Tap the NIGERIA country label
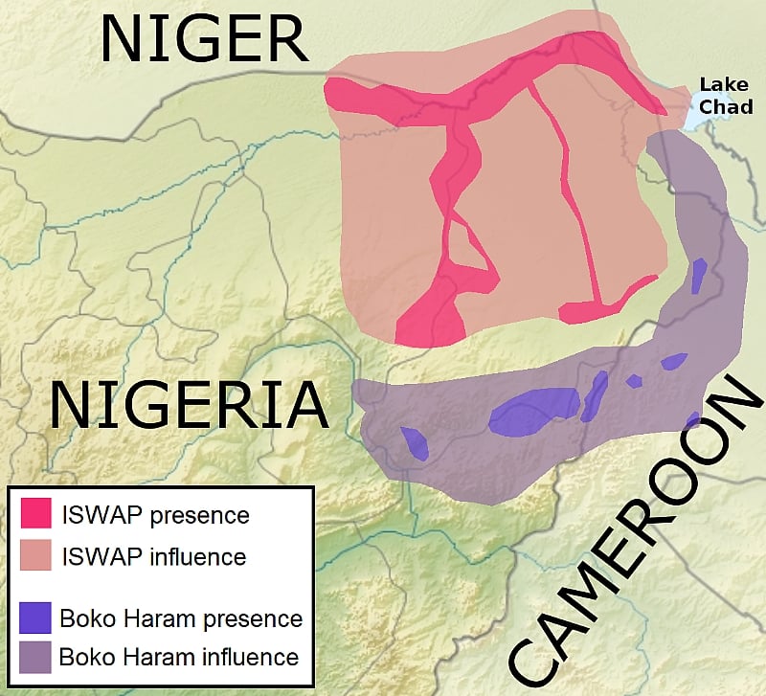coord(189,404)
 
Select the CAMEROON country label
coord(631,531)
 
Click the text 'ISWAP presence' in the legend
coord(155,515)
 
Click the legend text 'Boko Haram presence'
coord(181,617)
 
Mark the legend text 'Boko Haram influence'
coord(179,658)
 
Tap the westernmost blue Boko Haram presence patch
coord(414,441)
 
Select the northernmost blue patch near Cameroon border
coord(699,276)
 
